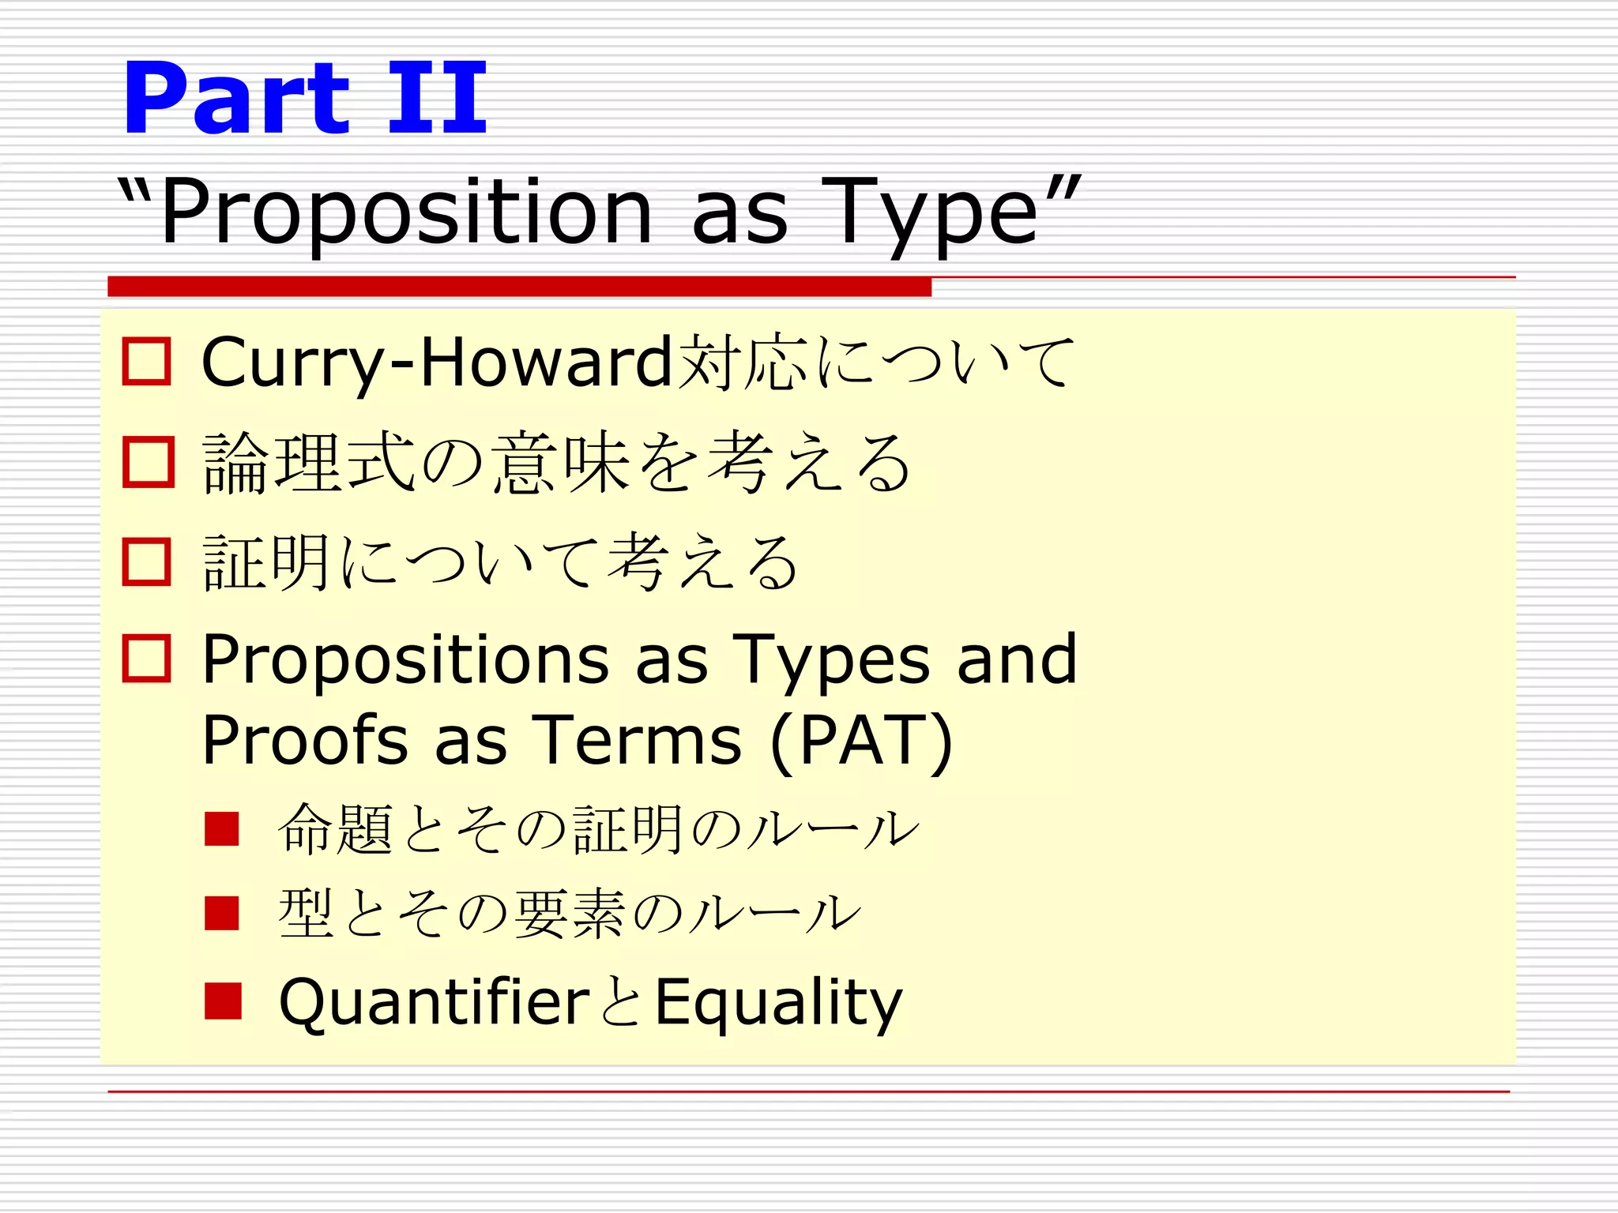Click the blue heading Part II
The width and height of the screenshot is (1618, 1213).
(305, 98)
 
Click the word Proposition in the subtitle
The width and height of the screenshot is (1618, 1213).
(406, 212)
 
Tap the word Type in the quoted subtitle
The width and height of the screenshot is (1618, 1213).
(929, 212)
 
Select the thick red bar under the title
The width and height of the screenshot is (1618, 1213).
(519, 287)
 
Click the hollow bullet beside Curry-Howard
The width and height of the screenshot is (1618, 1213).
(147, 362)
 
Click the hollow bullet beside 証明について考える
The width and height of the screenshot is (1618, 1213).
(147, 562)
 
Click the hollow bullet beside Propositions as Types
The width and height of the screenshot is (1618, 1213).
(147, 659)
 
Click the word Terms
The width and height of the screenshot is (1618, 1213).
(637, 740)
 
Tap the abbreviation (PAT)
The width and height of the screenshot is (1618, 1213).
(861, 740)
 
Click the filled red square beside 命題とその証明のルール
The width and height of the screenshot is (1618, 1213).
(222, 828)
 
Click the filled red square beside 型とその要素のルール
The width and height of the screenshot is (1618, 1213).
(222, 913)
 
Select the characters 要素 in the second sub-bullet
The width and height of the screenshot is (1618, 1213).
(570, 914)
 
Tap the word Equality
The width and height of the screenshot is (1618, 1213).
(779, 1002)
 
